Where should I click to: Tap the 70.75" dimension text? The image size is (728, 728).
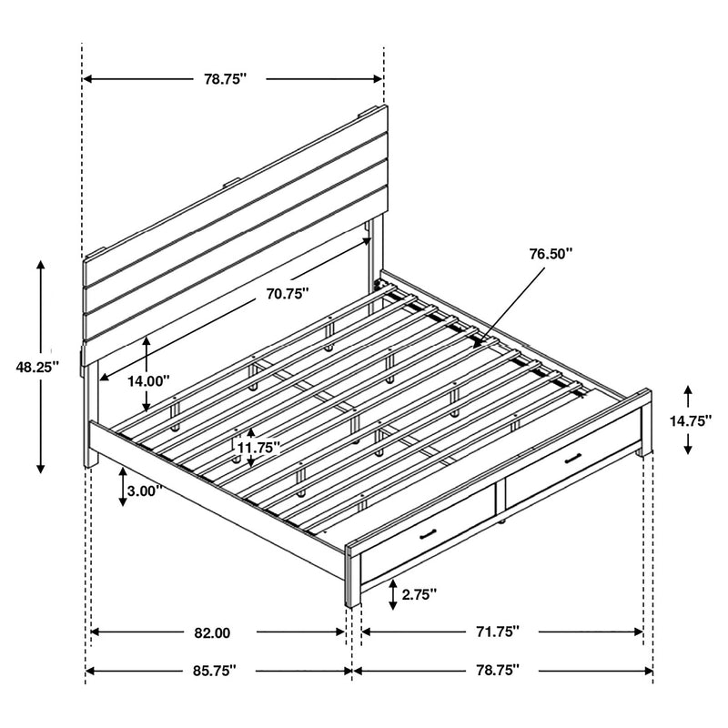(288, 293)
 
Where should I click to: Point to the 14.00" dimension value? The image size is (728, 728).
(148, 381)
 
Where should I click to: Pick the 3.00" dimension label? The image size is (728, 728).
(145, 490)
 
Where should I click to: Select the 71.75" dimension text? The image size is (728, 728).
(497, 631)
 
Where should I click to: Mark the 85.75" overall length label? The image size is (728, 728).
(213, 671)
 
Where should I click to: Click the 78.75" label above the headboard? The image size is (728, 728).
(226, 79)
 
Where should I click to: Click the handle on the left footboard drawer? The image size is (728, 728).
(429, 534)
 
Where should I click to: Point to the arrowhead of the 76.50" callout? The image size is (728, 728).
(474, 339)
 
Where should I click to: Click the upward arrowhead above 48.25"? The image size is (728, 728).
(40, 265)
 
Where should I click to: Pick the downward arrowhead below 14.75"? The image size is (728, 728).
(688, 449)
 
